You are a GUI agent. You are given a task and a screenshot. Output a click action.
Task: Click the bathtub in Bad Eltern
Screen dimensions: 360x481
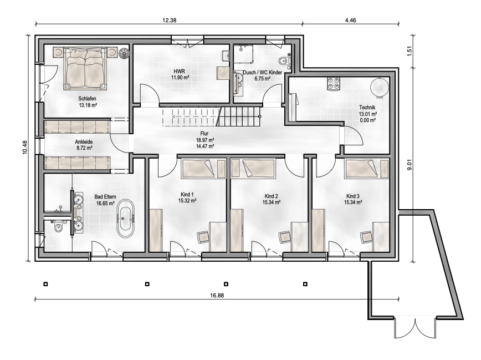coord(125,219)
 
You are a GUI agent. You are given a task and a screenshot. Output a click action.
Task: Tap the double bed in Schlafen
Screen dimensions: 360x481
coord(86,69)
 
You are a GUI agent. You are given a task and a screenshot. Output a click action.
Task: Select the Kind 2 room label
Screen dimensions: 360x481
coord(271,196)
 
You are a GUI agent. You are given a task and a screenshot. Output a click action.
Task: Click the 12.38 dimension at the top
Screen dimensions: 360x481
coord(169,20)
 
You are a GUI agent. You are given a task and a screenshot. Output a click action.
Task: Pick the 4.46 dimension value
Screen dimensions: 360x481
coord(350,20)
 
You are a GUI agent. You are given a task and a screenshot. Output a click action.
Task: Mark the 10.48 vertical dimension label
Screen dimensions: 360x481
coord(25,148)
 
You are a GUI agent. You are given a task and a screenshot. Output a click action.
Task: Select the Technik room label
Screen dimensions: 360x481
coord(367,108)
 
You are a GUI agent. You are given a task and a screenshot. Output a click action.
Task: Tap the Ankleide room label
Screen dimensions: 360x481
coord(84,142)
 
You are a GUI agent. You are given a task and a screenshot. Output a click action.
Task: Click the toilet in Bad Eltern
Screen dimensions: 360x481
coord(58,228)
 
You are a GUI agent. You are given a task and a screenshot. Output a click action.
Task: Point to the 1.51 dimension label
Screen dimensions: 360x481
coord(410,51)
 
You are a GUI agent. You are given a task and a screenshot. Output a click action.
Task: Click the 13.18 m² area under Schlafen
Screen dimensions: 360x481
coord(88,104)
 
